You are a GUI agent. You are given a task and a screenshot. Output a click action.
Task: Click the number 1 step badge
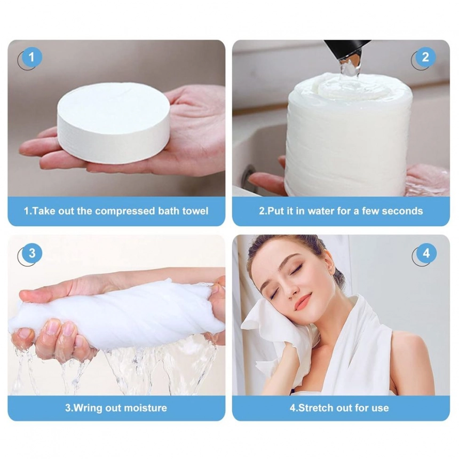(31, 57)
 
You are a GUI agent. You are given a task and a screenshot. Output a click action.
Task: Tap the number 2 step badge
(425, 57)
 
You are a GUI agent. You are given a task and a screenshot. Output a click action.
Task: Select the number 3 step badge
(31, 253)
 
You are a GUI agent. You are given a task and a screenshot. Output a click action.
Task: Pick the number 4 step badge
(426, 253)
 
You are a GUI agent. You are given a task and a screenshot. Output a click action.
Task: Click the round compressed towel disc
(114, 122)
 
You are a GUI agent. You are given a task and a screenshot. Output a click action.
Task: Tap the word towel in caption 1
(195, 211)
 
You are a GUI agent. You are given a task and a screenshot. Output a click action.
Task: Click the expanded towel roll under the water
(349, 134)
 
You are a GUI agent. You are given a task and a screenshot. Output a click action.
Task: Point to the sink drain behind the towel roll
(248, 175)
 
